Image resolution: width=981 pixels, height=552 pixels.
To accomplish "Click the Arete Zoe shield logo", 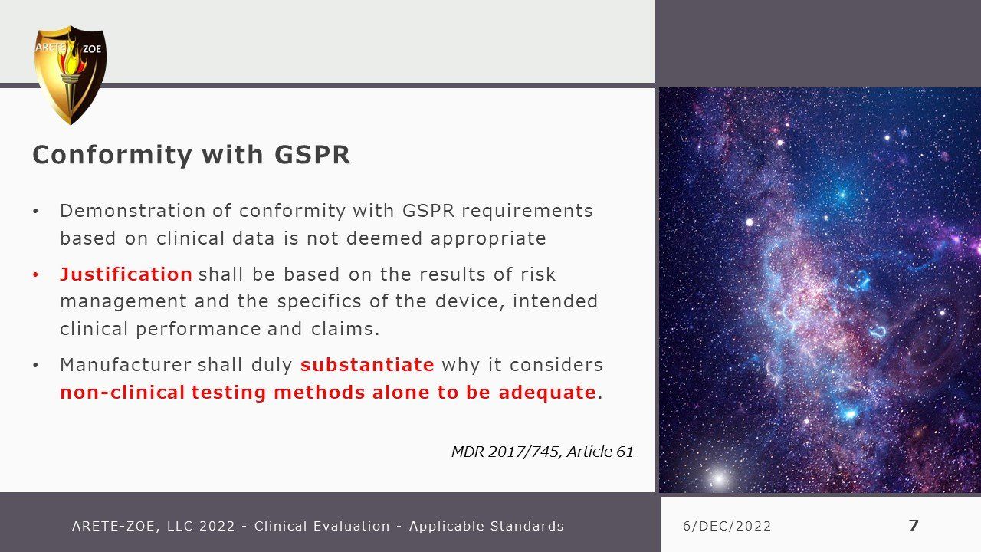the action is point(70,75).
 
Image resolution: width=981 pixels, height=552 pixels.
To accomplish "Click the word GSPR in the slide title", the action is point(312,154).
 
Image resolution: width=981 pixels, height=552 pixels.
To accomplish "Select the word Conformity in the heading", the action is point(112,156).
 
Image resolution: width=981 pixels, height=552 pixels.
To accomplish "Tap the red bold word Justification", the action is point(126,274).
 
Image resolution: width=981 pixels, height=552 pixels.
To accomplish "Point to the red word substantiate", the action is point(367,364).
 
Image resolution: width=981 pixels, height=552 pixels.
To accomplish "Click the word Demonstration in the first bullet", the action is point(133,211).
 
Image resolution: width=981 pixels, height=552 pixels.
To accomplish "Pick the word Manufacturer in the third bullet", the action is point(126,364).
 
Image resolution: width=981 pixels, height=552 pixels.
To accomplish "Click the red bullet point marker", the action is point(36,275).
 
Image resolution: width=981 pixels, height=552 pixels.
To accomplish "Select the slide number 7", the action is point(913,525).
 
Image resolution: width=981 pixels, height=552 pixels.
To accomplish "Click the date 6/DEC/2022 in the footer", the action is point(727,526).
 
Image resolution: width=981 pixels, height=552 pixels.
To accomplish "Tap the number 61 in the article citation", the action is point(625,452).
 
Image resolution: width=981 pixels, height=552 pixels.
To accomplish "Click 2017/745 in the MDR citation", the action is point(524,452).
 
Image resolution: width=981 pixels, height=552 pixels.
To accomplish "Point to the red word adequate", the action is point(547,392).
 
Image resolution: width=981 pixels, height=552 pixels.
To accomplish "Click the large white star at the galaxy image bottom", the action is point(719,478).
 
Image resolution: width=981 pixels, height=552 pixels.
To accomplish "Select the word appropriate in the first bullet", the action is point(488,239).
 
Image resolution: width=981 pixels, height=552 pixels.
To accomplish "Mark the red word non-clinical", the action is point(122,392).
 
